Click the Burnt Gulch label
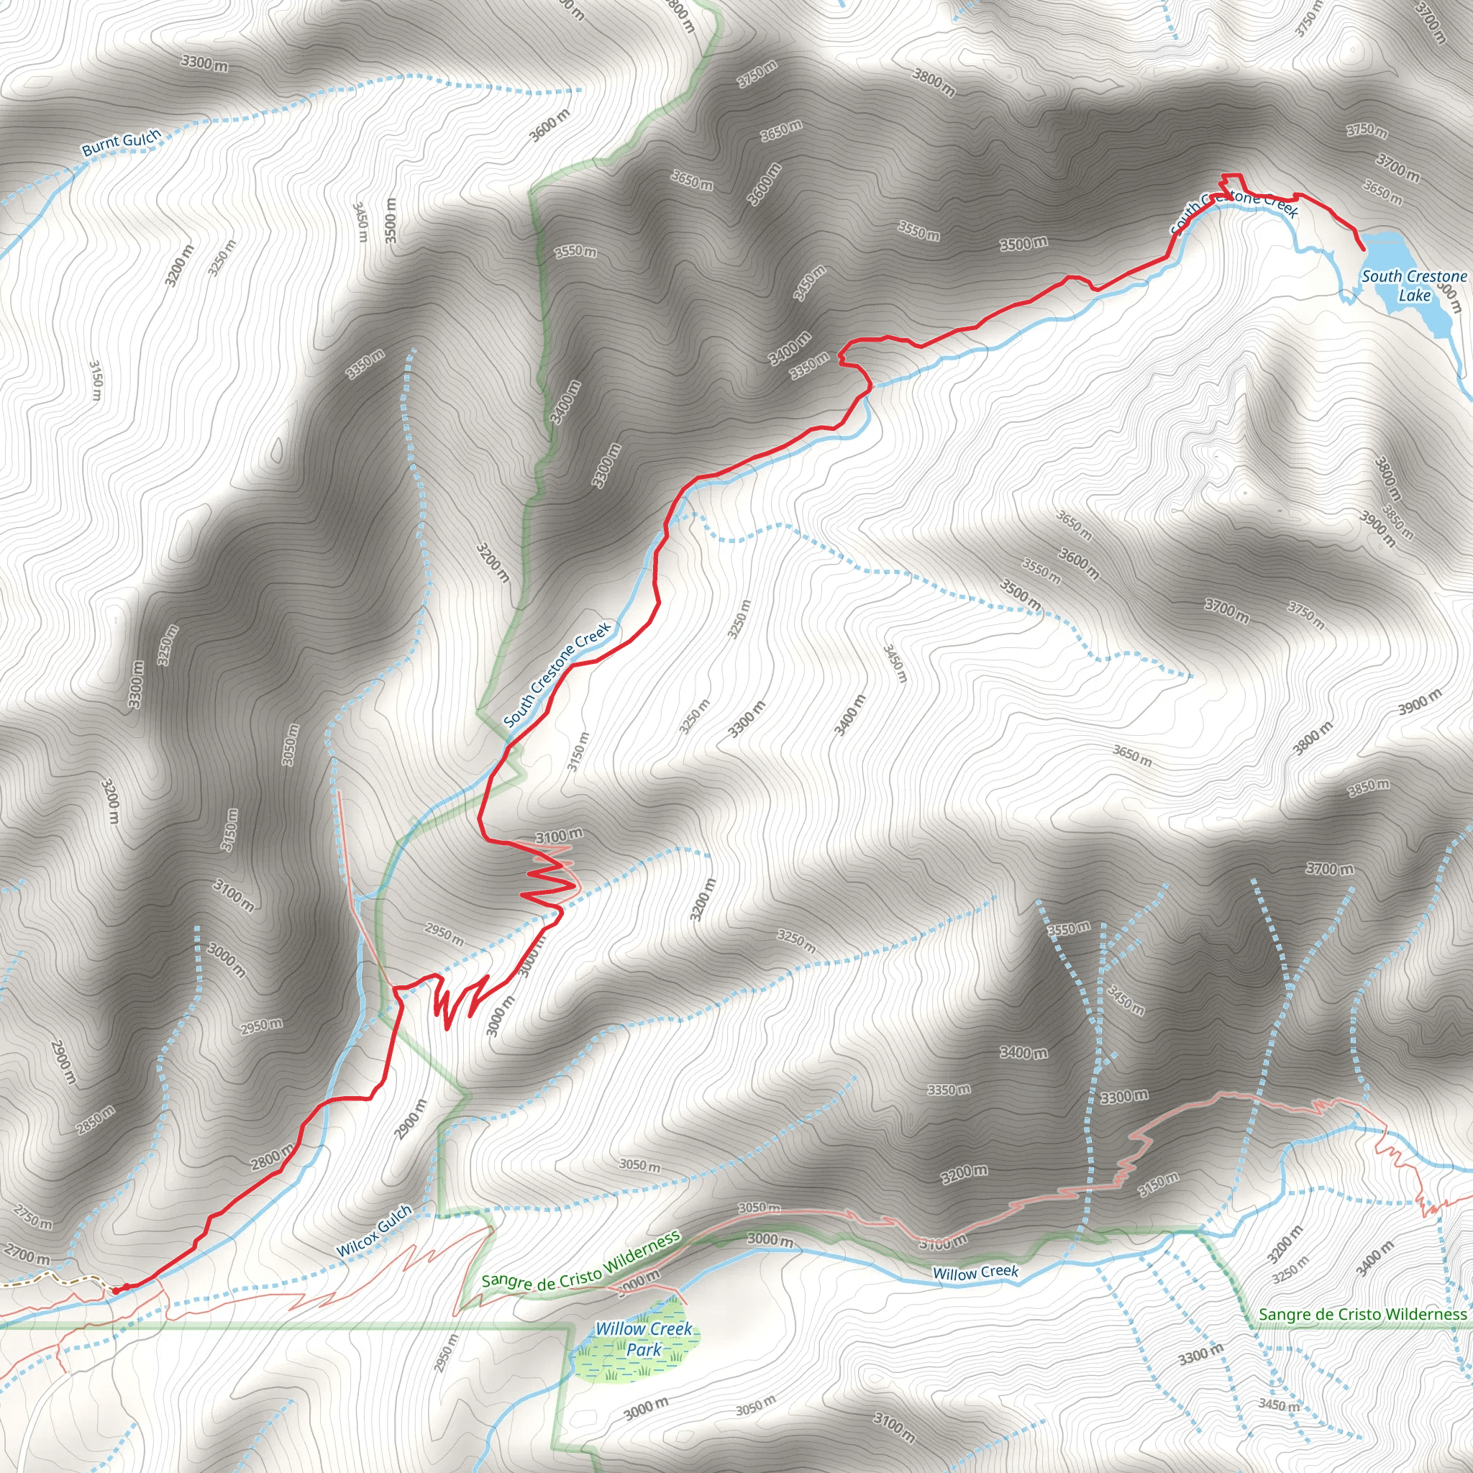[x=122, y=142]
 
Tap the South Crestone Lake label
[x=1414, y=285]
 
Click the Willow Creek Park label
[x=644, y=1339]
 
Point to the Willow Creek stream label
[x=975, y=1272]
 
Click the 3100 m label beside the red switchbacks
[x=559, y=836]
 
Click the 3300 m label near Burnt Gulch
[x=204, y=63]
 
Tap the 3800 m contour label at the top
[x=933, y=82]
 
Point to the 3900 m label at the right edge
[x=1420, y=701]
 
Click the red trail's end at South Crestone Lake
[x=1362, y=249]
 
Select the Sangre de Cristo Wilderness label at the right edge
[x=1362, y=1313]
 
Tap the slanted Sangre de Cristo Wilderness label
[x=580, y=1259]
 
